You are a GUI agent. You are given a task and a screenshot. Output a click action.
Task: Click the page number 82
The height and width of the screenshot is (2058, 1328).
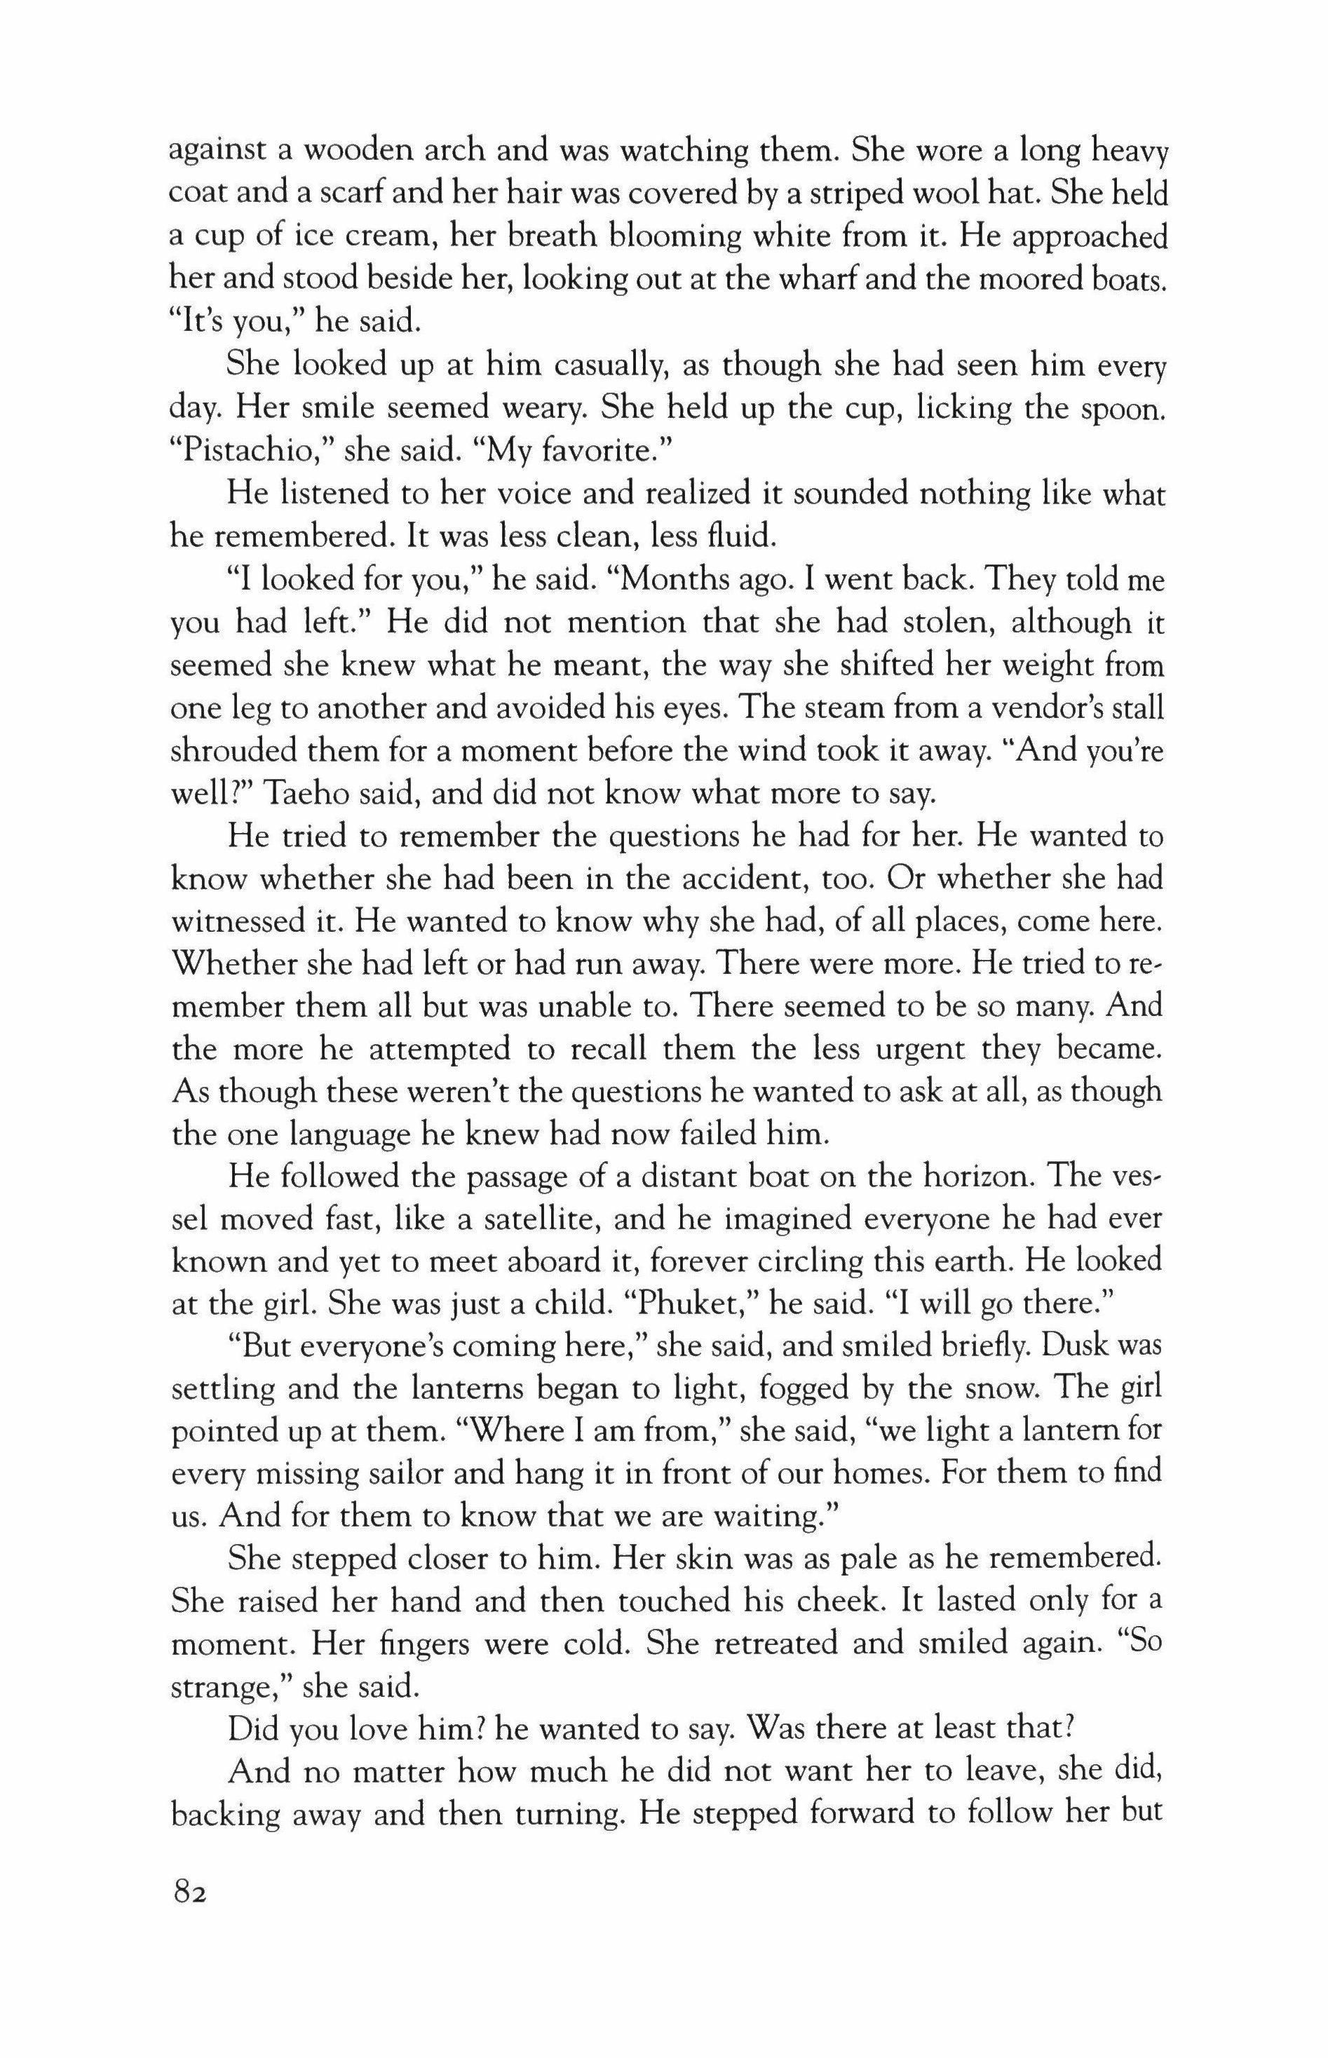click(x=189, y=1893)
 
